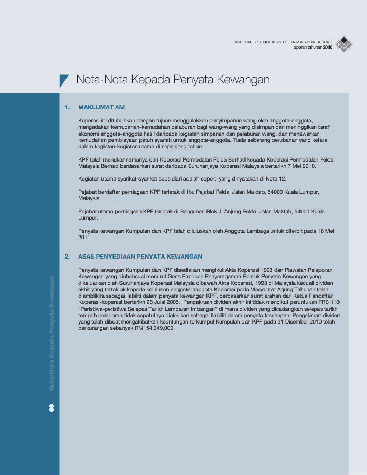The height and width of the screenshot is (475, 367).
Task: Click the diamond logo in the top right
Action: click(344, 44)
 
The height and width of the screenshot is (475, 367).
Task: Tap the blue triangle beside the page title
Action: click(63, 80)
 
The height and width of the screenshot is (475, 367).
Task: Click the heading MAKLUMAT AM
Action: click(101, 107)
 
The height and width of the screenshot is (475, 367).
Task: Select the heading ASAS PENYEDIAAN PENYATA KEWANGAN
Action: click(140, 256)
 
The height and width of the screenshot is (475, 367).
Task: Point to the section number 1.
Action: click(67, 107)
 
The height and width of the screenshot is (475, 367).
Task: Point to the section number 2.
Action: click(67, 256)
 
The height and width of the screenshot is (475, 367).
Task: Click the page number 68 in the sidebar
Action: click(52, 407)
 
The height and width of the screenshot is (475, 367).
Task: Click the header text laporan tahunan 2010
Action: click(313, 47)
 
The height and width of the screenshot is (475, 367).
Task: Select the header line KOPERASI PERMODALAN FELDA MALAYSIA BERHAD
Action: click(283, 41)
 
